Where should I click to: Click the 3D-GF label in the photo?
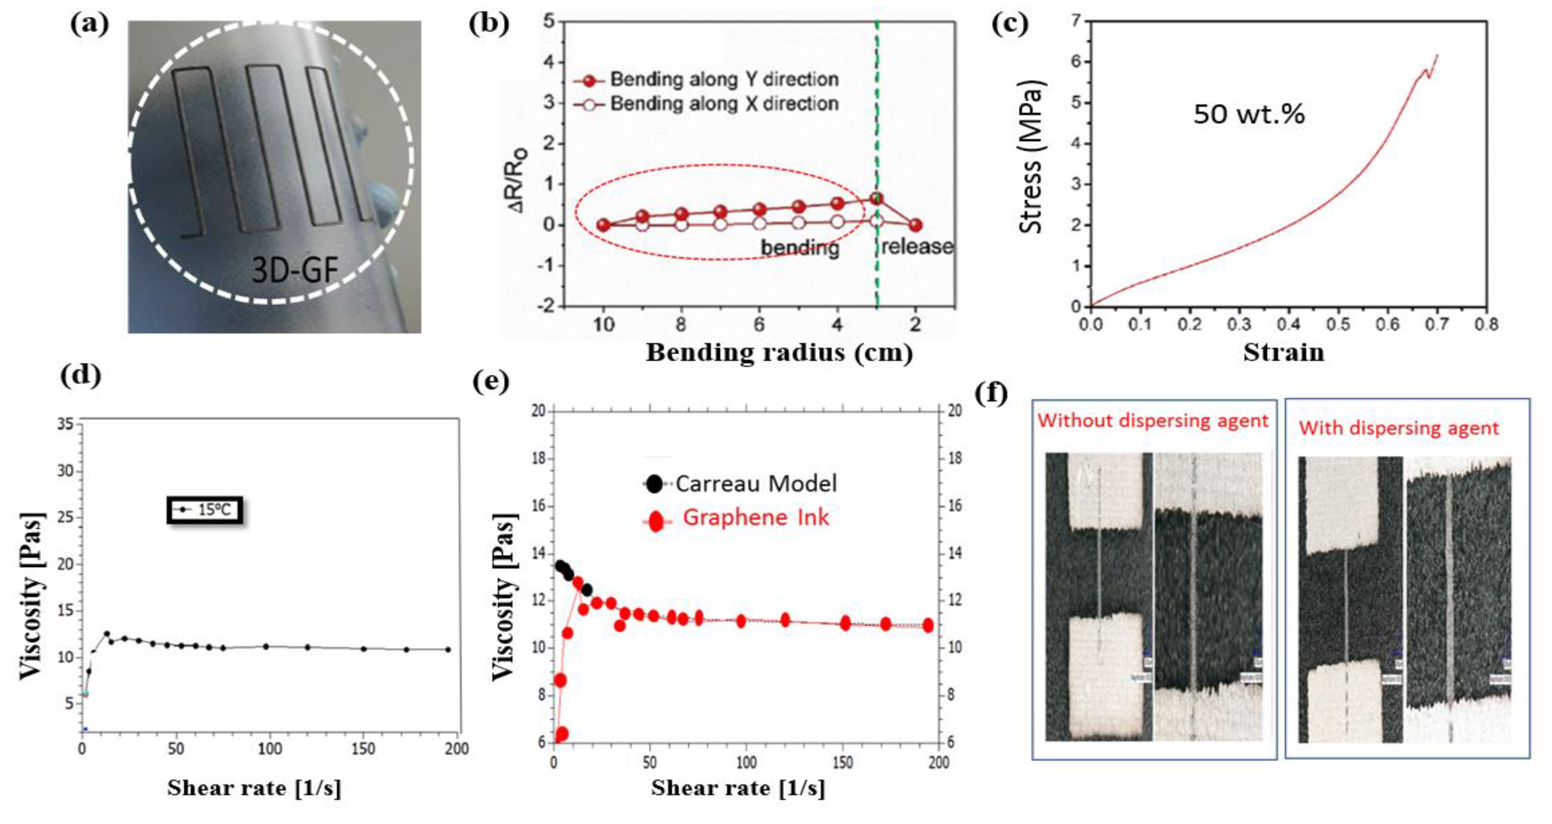click(x=294, y=270)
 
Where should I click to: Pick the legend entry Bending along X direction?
click(x=723, y=104)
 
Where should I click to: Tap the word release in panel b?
click(x=917, y=246)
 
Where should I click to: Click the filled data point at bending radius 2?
click(x=915, y=225)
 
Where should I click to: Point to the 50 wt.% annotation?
click(x=1249, y=114)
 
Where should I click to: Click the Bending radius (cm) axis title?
click(x=779, y=352)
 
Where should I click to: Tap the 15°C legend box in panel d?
click(x=205, y=510)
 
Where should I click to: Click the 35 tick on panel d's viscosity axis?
click(x=65, y=424)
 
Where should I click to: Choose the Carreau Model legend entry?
click(x=755, y=483)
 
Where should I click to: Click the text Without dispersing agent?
click(x=1152, y=420)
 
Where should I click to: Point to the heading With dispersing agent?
click(x=1398, y=428)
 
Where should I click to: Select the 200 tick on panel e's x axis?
click(x=938, y=763)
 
